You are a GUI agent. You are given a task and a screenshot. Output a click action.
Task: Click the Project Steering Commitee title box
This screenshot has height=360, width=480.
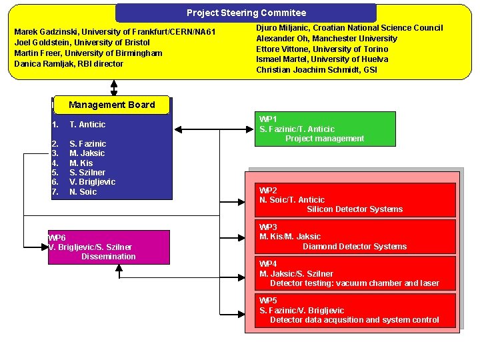[246, 13]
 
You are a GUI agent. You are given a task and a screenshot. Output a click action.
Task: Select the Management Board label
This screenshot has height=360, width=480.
[111, 105]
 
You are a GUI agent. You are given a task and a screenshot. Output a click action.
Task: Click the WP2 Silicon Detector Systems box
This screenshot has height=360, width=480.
[357, 199]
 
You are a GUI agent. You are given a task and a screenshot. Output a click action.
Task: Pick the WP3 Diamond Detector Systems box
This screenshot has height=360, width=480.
[357, 237]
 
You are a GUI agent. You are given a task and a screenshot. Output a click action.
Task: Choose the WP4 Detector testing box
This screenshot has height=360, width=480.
[357, 273]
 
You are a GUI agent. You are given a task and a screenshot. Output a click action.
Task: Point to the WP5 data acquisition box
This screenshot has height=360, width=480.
[357, 310]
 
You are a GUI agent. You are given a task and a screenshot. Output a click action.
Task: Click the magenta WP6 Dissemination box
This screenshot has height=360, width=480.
[91, 247]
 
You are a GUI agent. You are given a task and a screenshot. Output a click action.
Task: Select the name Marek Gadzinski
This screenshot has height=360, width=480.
[46, 32]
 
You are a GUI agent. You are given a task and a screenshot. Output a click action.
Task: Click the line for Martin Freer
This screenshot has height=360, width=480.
[88, 53]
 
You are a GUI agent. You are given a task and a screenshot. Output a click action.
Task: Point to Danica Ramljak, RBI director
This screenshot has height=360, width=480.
[69, 64]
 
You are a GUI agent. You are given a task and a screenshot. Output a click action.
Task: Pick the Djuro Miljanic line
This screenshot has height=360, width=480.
[349, 28]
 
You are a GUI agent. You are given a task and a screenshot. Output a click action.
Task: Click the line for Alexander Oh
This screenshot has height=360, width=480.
[327, 39]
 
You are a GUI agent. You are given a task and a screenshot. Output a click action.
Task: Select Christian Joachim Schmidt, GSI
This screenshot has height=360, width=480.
[317, 70]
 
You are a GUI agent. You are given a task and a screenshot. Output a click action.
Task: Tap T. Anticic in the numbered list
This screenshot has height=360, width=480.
[87, 125]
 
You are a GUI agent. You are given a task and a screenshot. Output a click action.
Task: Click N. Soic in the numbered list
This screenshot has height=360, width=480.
[83, 192]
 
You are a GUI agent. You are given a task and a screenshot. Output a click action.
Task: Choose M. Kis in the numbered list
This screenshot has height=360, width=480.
[81, 163]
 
